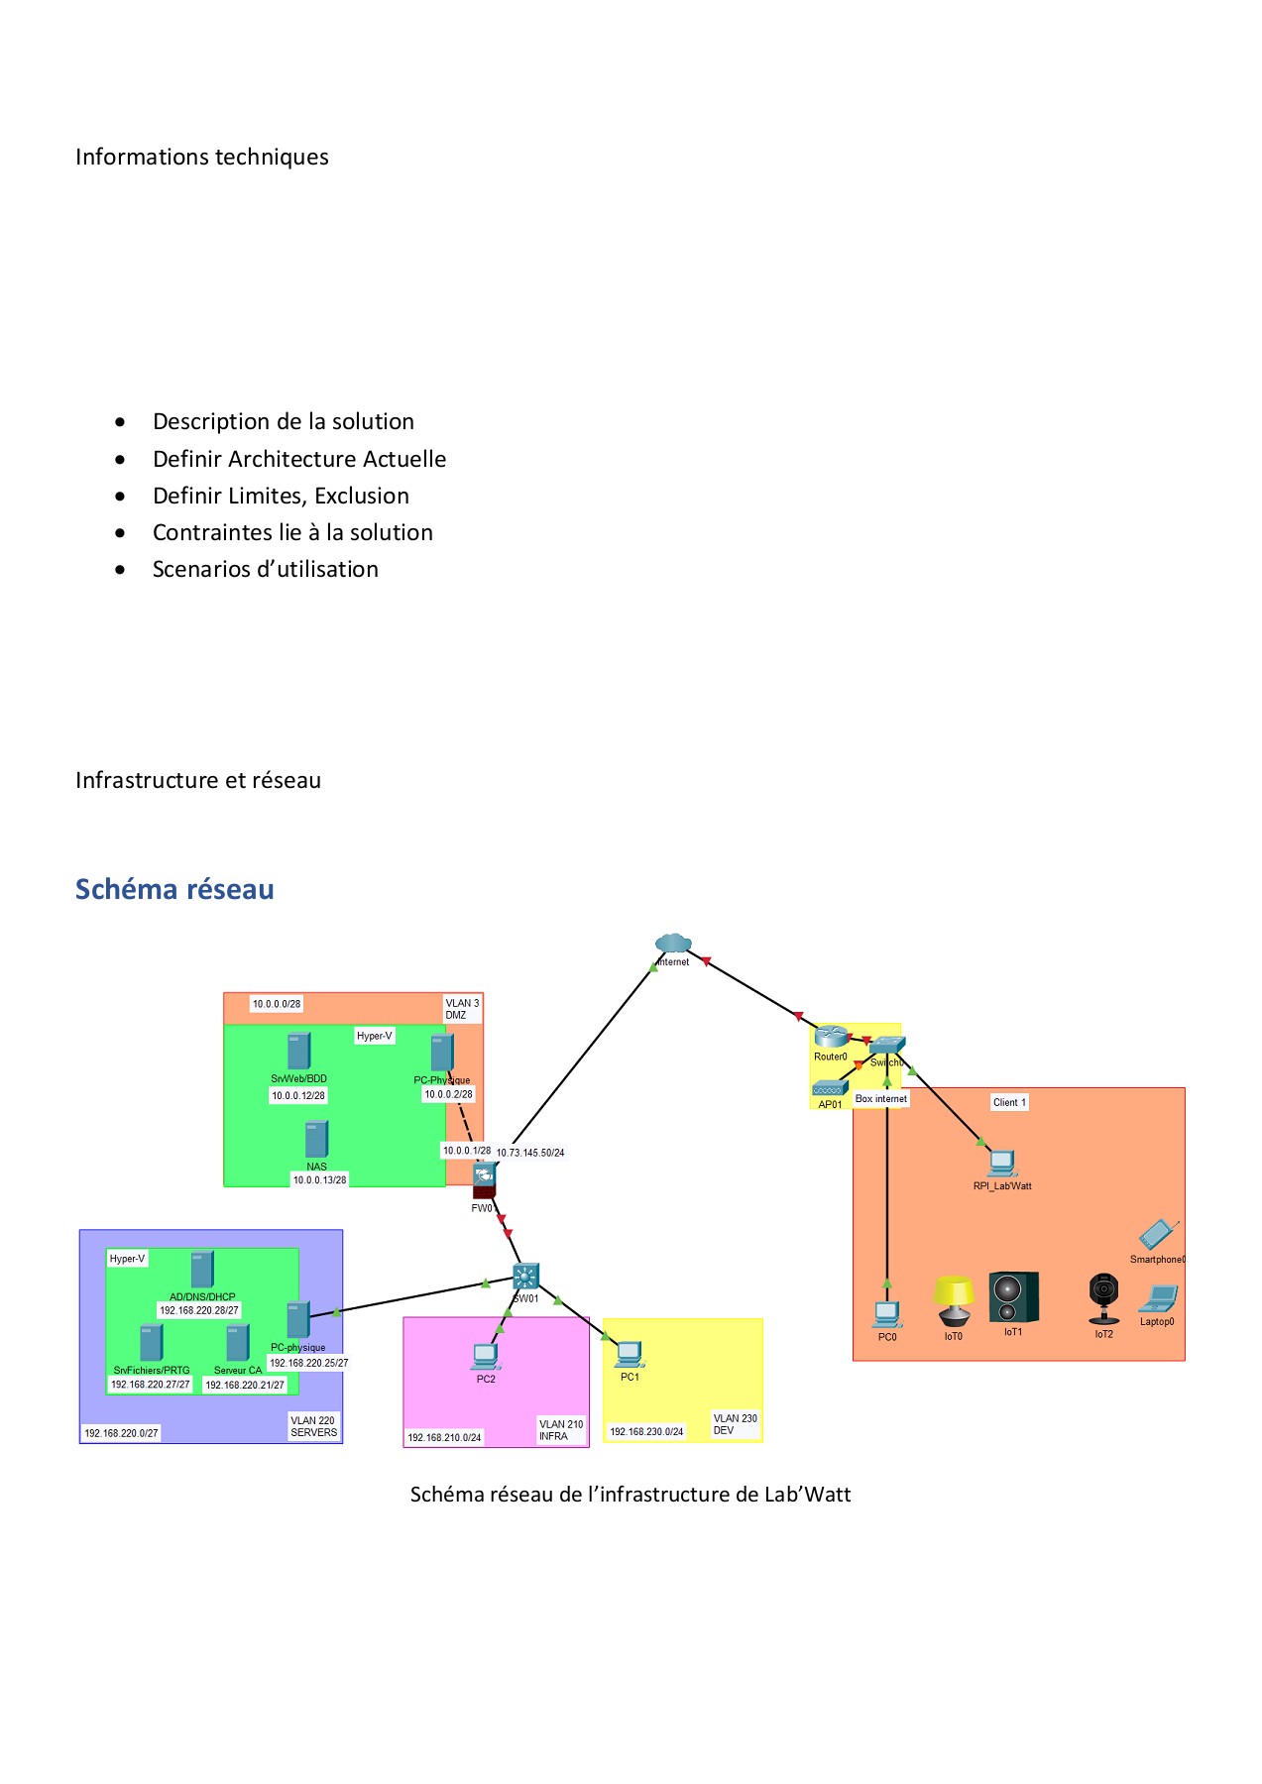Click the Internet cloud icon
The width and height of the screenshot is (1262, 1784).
(x=673, y=943)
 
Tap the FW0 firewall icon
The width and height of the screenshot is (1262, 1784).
(x=484, y=1178)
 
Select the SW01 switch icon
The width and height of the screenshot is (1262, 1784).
(x=525, y=1277)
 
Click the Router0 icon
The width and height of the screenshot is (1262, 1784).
(x=830, y=1038)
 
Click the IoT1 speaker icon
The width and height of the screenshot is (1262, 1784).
(x=1013, y=1297)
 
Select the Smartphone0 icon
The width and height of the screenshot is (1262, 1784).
(x=1157, y=1235)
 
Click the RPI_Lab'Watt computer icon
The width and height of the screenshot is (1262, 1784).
(x=1001, y=1163)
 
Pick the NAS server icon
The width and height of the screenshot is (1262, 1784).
(x=316, y=1140)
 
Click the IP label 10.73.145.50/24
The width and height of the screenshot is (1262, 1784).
(x=530, y=1153)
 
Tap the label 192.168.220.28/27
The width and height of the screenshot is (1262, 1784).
(x=199, y=1310)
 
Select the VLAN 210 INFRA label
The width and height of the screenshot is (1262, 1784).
(x=561, y=1430)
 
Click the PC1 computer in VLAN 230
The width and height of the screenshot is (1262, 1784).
(x=630, y=1353)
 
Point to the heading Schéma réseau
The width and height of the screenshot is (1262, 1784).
(x=174, y=889)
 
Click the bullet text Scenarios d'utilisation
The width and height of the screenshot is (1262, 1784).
(x=265, y=569)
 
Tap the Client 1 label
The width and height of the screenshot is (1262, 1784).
(x=1009, y=1102)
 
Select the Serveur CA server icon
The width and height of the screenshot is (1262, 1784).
(x=238, y=1344)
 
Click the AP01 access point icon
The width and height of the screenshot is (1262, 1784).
(x=829, y=1088)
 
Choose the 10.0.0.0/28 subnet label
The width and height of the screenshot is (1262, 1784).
(x=277, y=1004)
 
